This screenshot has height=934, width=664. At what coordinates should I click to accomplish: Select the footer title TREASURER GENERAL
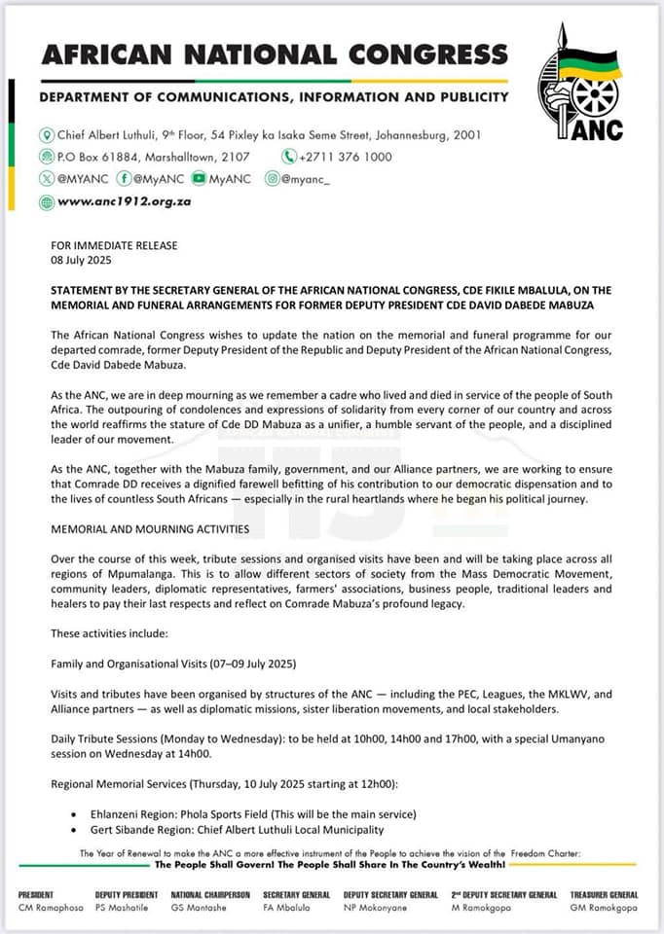coord(604,895)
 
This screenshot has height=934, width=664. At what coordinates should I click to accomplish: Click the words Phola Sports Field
coord(252,814)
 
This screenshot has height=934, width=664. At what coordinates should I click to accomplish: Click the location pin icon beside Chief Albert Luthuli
coord(46,135)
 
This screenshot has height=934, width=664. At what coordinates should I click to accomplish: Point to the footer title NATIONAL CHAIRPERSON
coord(210,895)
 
